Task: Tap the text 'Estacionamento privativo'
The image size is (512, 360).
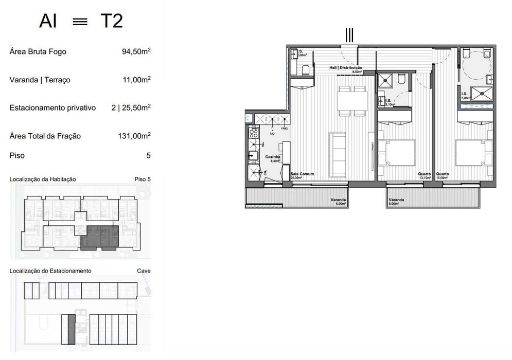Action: pos(52,108)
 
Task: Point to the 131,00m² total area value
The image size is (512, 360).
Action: pos(134,136)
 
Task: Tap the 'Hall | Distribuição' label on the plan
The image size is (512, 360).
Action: pos(346,67)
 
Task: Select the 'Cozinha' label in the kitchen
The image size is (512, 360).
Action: pos(272,156)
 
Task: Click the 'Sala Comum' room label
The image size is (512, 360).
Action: pos(302,174)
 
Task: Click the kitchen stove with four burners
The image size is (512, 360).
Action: pos(253,134)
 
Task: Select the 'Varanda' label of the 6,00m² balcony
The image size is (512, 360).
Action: pos(339,200)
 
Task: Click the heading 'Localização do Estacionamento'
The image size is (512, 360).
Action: pos(50,271)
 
